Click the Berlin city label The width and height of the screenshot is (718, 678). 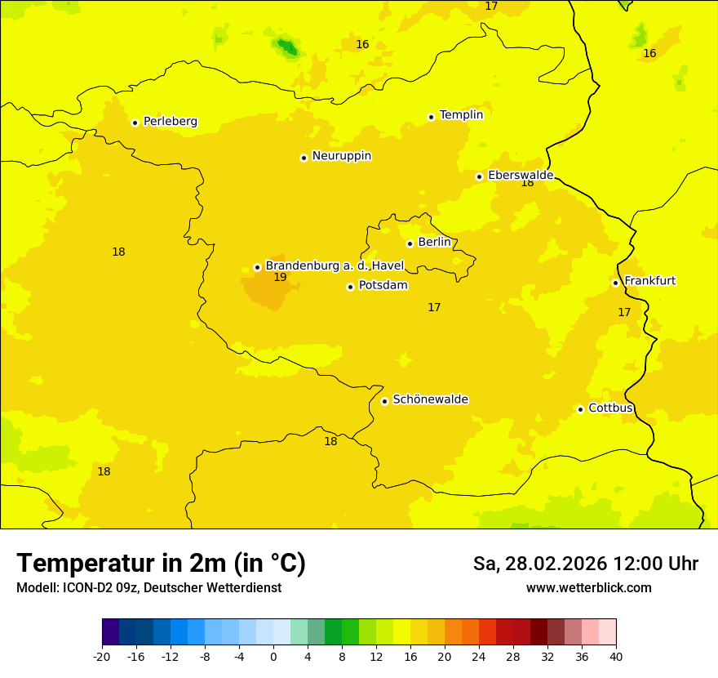(x=434, y=243)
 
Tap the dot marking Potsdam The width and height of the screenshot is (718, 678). (x=350, y=287)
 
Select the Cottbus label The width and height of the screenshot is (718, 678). (x=610, y=408)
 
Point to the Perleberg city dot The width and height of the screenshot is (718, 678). (x=135, y=123)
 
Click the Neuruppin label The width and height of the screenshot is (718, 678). (x=341, y=156)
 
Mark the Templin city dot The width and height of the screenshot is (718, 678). (x=431, y=117)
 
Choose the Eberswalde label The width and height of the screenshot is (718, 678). (x=521, y=176)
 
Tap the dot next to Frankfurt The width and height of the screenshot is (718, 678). (x=615, y=283)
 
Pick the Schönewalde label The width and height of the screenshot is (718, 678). (x=430, y=399)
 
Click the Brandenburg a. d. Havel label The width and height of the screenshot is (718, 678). (x=335, y=266)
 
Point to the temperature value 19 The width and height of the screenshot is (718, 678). (x=280, y=278)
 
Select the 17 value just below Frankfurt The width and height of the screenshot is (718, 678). (x=624, y=312)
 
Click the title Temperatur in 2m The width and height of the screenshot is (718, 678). (x=161, y=563)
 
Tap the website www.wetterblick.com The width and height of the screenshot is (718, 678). (x=588, y=587)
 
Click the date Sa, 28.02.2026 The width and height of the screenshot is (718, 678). (x=539, y=564)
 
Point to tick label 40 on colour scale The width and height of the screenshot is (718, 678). (x=616, y=656)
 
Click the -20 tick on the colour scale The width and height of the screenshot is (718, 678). (x=102, y=656)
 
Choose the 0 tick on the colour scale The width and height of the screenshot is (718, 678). (x=273, y=656)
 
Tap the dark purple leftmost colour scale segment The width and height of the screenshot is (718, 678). (x=110, y=632)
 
